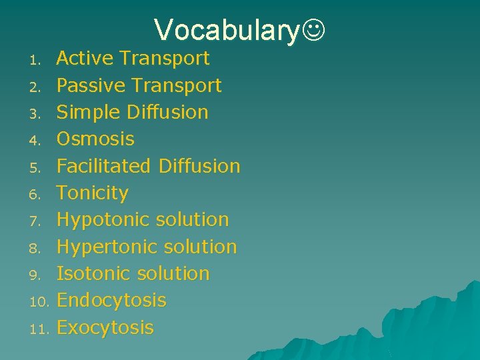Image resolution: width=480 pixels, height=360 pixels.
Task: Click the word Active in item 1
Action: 84,59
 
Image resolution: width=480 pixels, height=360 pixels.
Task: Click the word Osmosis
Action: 95,139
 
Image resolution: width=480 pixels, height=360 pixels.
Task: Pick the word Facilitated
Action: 103,166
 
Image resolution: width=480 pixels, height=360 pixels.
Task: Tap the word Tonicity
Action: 92,193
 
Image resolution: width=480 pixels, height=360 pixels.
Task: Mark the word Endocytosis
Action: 111,301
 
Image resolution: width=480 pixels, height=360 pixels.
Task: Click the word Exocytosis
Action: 105,327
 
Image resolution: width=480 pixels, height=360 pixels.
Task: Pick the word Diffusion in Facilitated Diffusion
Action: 199,166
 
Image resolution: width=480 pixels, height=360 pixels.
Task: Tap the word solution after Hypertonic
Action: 201,247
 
